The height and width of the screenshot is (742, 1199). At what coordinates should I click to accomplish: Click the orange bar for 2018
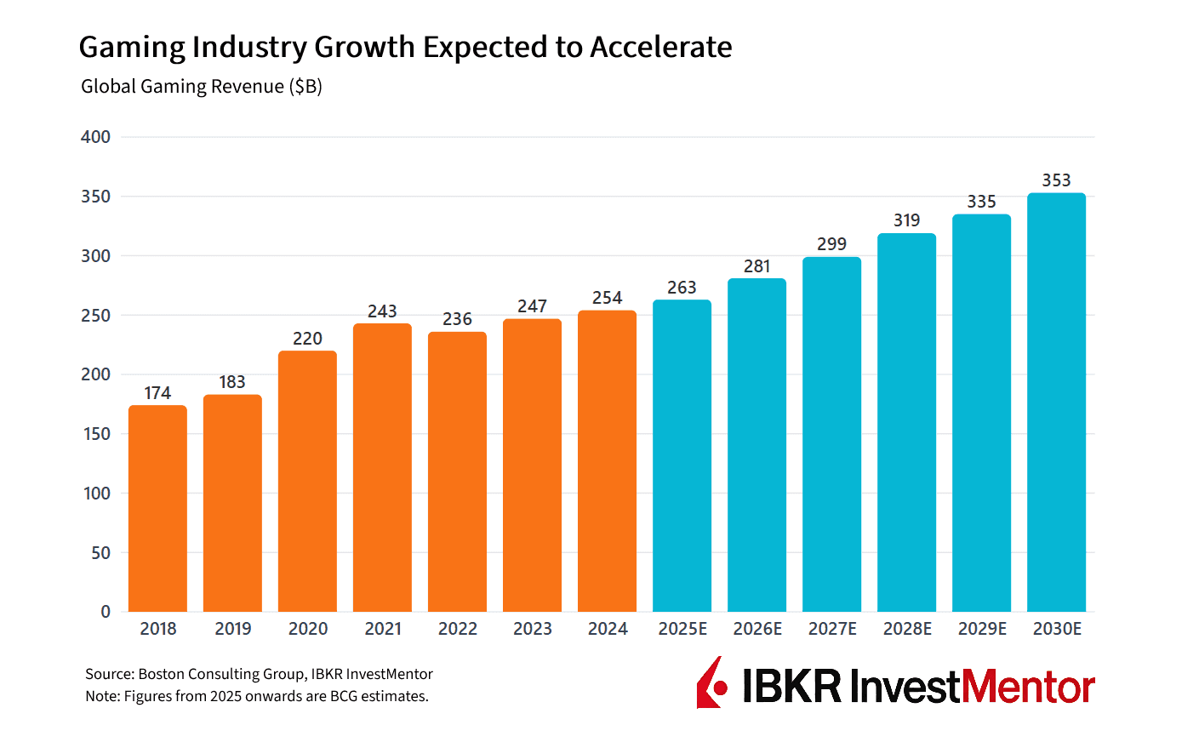[x=157, y=508]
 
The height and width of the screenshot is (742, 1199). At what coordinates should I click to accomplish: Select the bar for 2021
[x=382, y=467]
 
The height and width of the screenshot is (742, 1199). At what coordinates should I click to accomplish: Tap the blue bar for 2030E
[x=1056, y=402]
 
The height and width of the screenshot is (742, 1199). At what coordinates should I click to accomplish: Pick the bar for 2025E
[x=682, y=455]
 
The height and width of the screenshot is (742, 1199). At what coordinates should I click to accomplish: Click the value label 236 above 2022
[x=457, y=319]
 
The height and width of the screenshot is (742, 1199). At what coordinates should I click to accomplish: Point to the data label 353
[x=1056, y=180]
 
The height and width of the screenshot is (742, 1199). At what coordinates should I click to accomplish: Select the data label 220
[x=307, y=339]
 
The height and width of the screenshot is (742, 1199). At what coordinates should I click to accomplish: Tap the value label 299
[x=831, y=244]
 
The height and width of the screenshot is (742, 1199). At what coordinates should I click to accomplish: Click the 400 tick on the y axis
[x=95, y=137]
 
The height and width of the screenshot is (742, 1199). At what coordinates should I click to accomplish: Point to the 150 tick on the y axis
[x=96, y=434]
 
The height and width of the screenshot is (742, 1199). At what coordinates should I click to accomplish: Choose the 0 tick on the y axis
[x=106, y=612]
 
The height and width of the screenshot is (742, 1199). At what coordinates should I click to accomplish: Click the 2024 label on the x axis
[x=608, y=629]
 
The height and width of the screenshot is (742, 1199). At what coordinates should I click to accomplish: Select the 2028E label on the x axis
[x=907, y=629]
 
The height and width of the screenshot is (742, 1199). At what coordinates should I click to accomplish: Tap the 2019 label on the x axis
[x=232, y=629]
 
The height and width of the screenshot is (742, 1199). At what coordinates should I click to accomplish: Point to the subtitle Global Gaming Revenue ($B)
[x=201, y=87]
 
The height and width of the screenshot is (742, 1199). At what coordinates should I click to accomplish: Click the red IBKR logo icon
[x=711, y=683]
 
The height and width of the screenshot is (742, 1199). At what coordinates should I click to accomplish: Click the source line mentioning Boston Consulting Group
[x=259, y=674]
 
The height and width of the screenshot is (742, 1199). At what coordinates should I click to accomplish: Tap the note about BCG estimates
[x=256, y=696]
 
